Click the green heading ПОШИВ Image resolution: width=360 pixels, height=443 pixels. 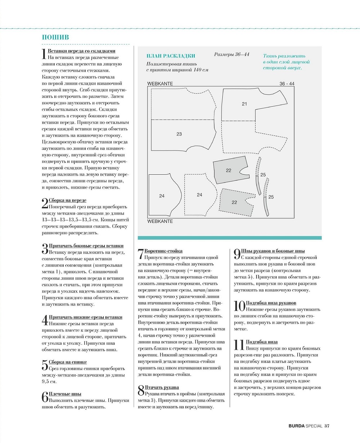click(55, 37)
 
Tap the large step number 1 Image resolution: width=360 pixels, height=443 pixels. click(44, 54)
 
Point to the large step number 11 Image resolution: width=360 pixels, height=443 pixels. click(239, 345)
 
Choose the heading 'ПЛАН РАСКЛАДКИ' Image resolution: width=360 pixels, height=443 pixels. click(171, 56)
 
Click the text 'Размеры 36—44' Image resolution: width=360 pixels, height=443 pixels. click(232, 54)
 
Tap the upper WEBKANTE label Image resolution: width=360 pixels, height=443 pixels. click(160, 84)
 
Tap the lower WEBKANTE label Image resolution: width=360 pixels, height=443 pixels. click(160, 221)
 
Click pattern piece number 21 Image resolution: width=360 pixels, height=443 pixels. click(245, 104)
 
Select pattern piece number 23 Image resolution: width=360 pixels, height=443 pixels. click(179, 134)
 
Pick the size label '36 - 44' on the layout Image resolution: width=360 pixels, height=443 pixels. click(287, 84)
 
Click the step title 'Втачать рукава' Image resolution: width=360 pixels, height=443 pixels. click(162, 388)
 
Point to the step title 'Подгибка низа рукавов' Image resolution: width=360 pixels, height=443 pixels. click(271, 303)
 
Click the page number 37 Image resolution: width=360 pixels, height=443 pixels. click(327, 426)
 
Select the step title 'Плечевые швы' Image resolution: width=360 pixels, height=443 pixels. click(65, 394)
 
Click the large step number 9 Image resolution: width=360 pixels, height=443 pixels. click(237, 254)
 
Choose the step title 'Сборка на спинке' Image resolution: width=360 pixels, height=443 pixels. click(68, 362)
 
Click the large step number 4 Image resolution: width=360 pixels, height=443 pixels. click(45, 321)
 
